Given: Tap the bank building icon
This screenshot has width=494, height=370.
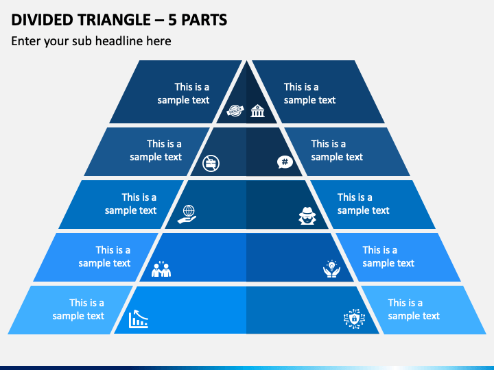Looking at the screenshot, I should click(257, 110).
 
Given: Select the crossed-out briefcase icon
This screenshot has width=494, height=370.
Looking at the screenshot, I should click(211, 162).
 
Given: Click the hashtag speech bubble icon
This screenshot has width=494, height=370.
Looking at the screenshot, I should click(284, 162).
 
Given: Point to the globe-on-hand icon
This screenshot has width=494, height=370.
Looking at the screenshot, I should click(186, 214).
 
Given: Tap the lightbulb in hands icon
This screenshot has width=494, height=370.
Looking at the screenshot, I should click(331, 268).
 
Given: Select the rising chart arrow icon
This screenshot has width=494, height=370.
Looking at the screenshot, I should click(138, 319).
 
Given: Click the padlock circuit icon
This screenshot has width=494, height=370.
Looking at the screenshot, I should click(354, 318).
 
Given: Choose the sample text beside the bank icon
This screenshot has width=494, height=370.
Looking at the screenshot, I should click(309, 93).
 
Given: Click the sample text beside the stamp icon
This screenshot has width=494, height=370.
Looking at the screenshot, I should click(183, 93).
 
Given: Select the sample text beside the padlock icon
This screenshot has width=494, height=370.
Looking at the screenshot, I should click(414, 309).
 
